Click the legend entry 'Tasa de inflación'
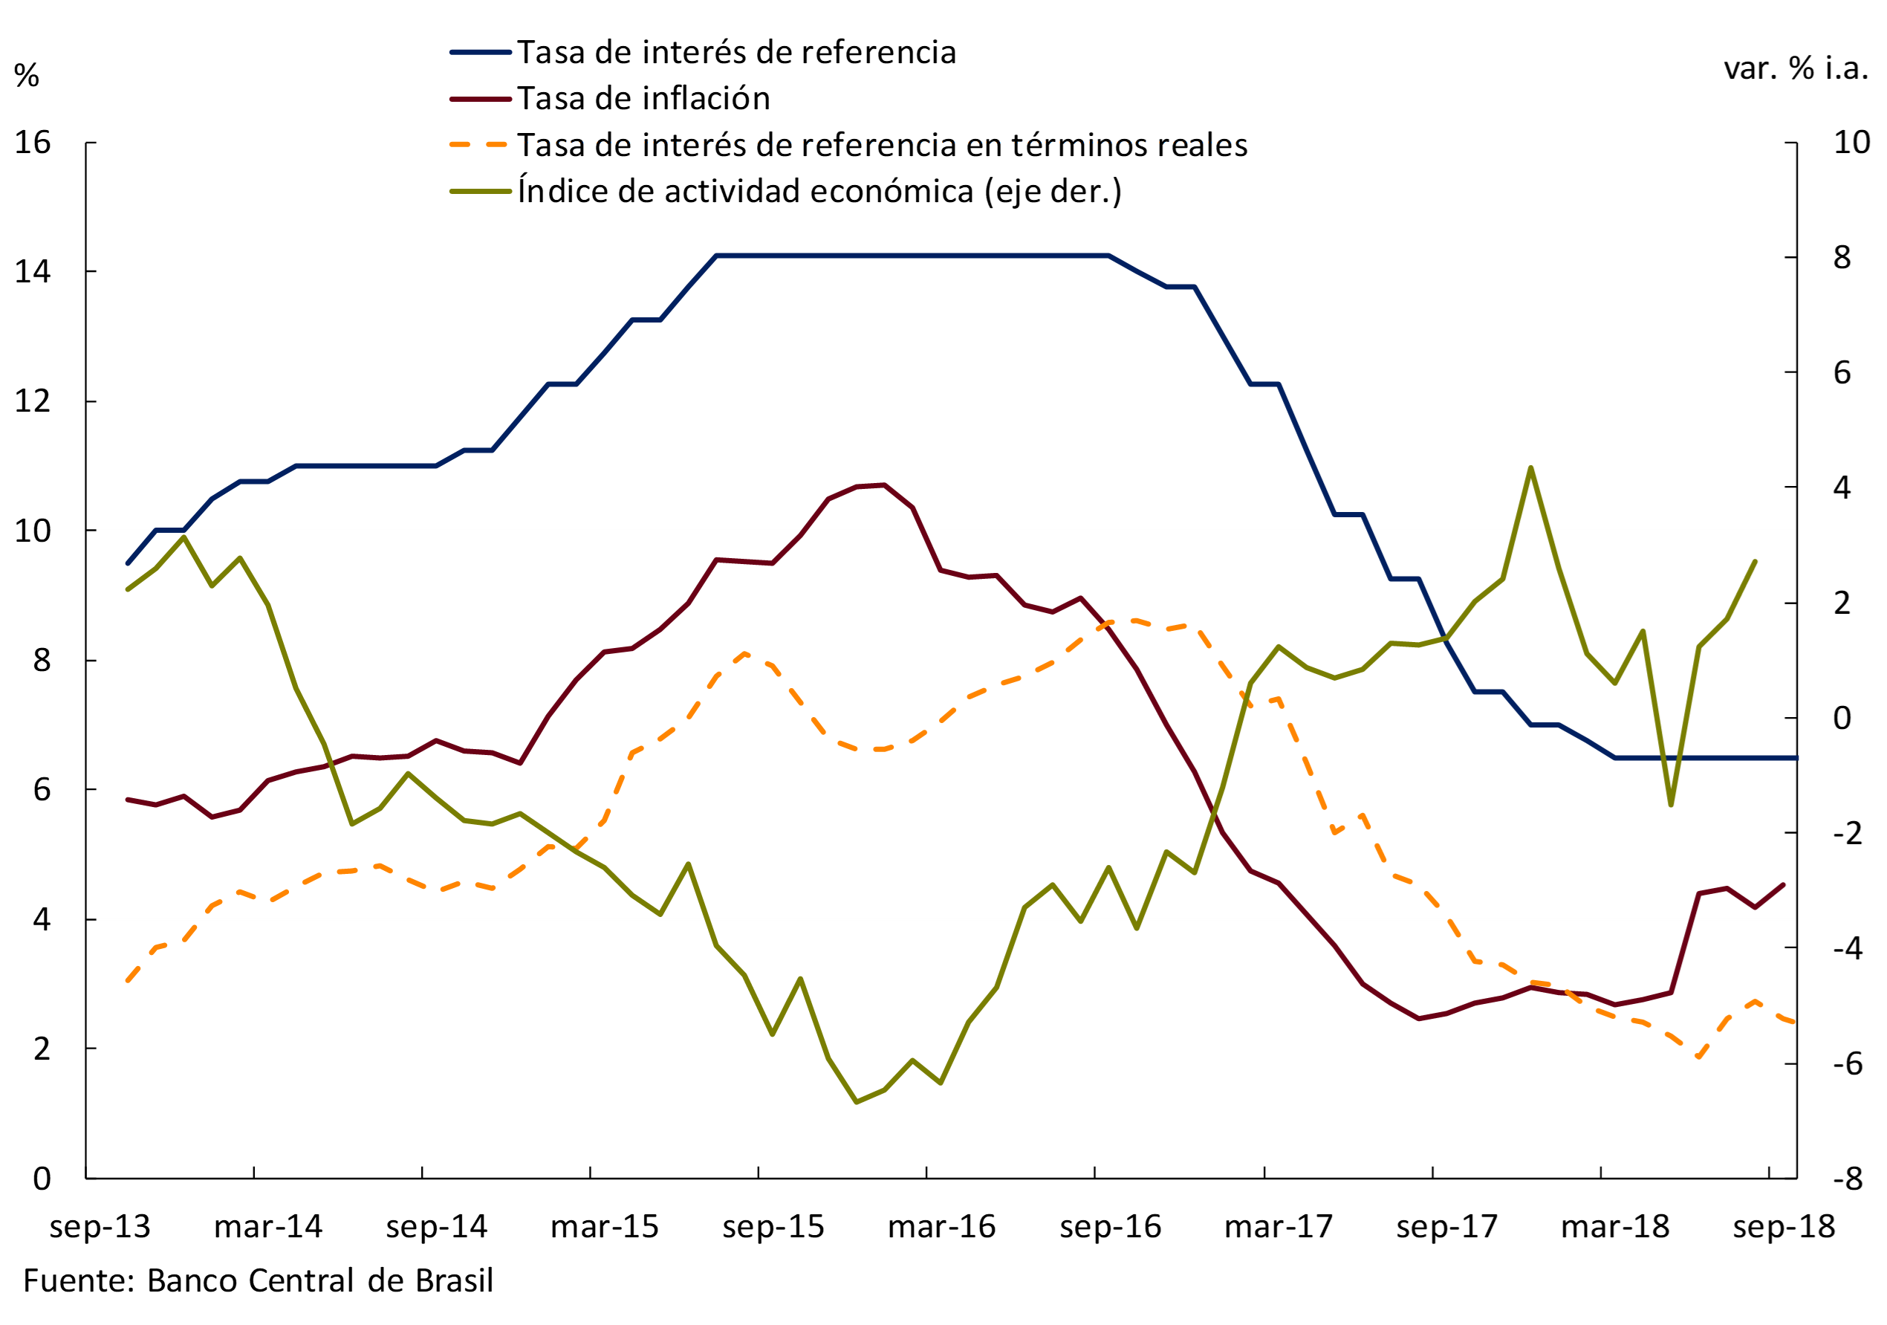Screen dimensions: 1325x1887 point(643,99)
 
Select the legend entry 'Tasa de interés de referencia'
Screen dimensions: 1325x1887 point(735,53)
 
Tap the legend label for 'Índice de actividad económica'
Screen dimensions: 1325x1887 point(819,192)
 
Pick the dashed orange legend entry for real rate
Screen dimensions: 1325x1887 point(881,146)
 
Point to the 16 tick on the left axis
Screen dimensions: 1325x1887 point(33,143)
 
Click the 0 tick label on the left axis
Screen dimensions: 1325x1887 point(42,1179)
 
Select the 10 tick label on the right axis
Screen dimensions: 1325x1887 point(1851,143)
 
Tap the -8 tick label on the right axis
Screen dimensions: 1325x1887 point(1848,1179)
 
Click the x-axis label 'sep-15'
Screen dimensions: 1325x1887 point(773,1227)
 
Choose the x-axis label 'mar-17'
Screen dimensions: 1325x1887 point(1278,1227)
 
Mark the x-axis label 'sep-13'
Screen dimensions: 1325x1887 point(100,1227)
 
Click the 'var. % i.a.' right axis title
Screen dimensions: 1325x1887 point(1796,68)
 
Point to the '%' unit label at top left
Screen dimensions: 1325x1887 point(26,76)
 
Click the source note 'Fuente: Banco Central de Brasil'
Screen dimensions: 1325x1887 point(258,1280)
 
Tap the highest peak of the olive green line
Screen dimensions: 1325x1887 point(1530,467)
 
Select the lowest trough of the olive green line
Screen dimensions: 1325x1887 point(857,1102)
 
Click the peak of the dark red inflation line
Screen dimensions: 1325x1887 point(884,485)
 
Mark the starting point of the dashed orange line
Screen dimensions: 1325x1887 point(127,981)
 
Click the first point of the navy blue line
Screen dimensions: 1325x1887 point(127,563)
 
